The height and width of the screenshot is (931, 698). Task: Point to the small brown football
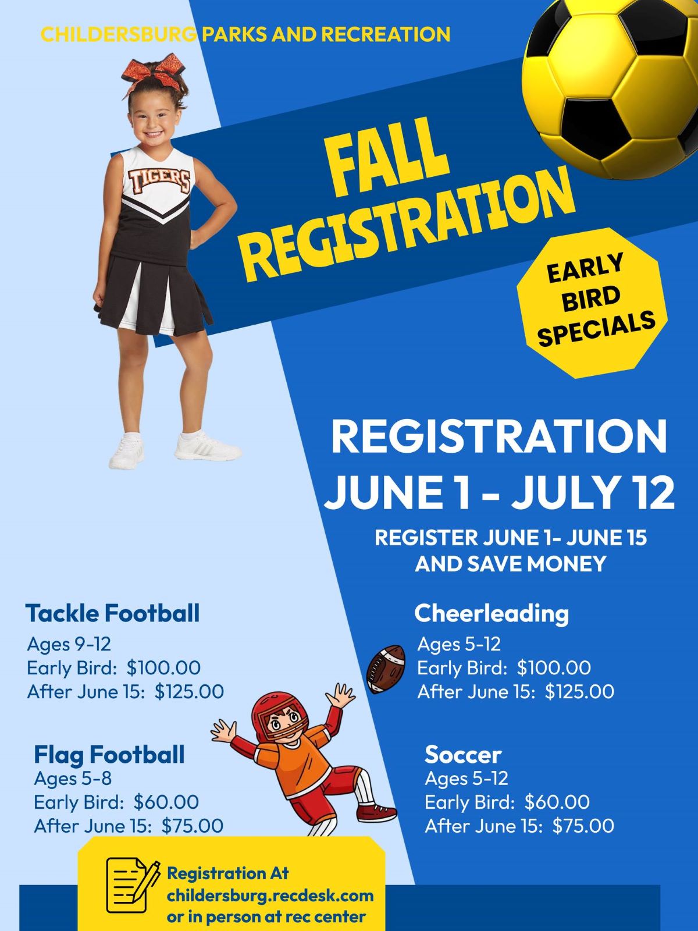tap(385, 669)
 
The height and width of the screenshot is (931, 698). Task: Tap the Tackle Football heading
tap(112, 613)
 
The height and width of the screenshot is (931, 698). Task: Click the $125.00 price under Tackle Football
tap(189, 691)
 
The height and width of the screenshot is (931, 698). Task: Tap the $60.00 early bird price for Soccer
tap(557, 802)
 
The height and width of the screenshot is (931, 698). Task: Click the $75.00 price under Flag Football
tap(193, 825)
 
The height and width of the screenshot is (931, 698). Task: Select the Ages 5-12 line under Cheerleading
tap(459, 644)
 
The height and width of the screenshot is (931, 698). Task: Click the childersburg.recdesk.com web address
tap(270, 896)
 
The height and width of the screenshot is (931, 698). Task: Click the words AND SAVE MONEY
tap(511, 564)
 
